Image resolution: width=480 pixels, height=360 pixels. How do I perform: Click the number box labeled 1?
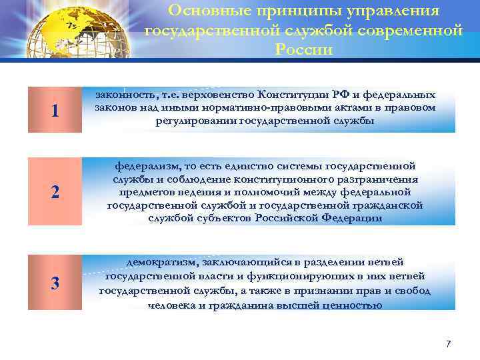point(55,111)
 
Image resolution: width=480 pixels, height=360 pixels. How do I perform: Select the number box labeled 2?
point(55,192)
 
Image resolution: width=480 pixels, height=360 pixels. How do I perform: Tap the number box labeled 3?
point(55,283)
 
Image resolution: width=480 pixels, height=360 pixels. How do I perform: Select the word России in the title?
point(303,50)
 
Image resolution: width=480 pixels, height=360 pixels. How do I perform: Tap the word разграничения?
point(380,179)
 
